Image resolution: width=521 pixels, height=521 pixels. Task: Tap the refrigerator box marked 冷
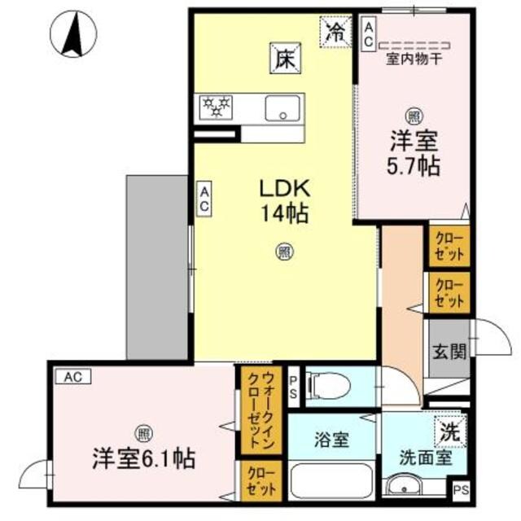click(335, 33)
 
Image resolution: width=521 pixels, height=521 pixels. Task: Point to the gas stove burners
click(217, 107)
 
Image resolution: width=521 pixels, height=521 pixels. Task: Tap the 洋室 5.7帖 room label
click(413, 152)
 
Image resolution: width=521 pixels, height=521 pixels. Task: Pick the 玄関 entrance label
click(448, 352)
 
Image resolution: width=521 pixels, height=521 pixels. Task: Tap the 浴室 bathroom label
click(331, 440)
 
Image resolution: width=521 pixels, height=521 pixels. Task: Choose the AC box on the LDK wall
click(204, 199)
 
